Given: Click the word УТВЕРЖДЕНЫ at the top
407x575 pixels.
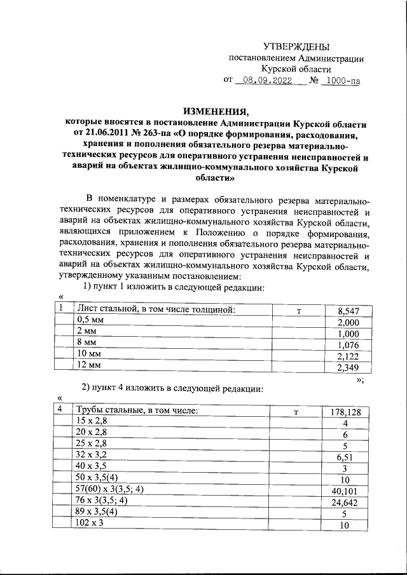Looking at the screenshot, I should tap(296, 46).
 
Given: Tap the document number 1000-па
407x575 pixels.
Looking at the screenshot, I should tap(341, 81).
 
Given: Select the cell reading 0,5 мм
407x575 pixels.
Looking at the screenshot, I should tap(90, 320).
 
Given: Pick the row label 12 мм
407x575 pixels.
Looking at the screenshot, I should tap(89, 365).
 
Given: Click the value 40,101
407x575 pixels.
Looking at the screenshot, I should tap(345, 490).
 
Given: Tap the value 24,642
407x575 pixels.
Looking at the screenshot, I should tap(345, 503).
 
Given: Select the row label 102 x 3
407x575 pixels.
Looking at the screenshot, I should tap(90, 524).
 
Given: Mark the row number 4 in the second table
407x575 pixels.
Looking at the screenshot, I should tap(59, 410).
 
